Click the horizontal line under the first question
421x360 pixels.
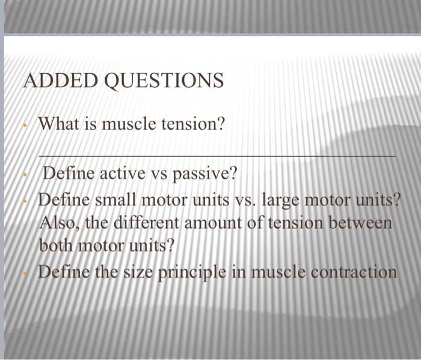tap(217, 155)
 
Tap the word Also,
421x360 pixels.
tap(60, 223)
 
